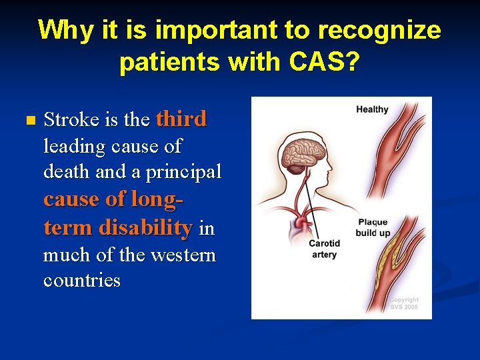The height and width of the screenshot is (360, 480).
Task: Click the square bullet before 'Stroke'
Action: click(x=27, y=121)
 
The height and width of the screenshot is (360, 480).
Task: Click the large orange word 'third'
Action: click(x=181, y=119)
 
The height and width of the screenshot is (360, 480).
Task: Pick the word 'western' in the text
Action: click(x=183, y=255)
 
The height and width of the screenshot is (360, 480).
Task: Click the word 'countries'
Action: click(x=82, y=280)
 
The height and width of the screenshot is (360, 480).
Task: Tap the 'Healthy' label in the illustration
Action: click(x=372, y=109)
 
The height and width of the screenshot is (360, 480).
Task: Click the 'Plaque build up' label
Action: click(x=373, y=227)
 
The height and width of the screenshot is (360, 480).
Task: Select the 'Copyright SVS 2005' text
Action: click(x=404, y=304)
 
